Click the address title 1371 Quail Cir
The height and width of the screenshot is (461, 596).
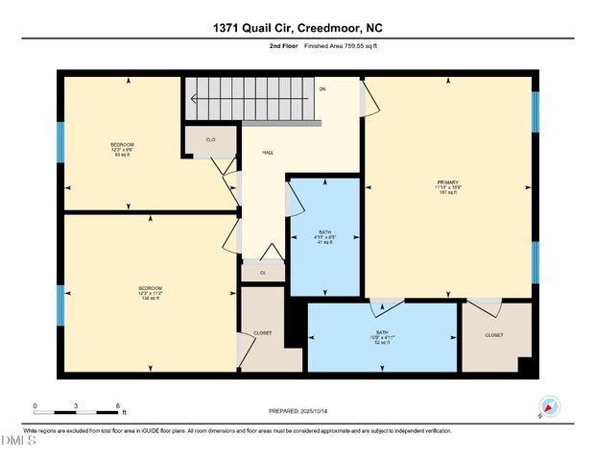(298, 29)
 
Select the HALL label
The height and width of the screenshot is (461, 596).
(269, 153)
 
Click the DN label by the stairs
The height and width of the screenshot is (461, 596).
(322, 89)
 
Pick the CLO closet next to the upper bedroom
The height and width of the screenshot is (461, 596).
(210, 141)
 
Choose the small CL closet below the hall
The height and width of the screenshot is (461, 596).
(262, 273)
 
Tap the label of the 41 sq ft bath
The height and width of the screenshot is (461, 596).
(324, 236)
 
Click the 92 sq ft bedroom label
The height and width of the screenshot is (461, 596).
(122, 149)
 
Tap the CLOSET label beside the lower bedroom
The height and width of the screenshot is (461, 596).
(262, 333)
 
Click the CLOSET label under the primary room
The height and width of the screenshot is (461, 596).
(493, 335)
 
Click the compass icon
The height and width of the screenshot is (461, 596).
(549, 405)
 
